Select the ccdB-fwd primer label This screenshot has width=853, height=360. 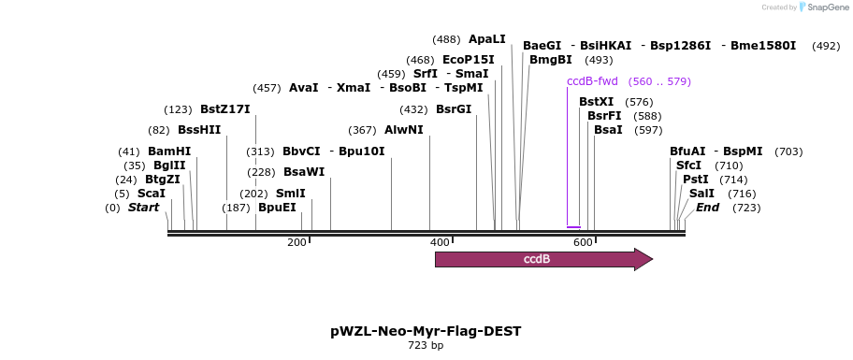[592, 81]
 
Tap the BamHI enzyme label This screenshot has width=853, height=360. [169, 151]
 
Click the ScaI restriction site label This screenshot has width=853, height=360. [152, 194]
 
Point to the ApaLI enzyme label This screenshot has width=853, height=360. [486, 39]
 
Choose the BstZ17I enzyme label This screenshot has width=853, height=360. [225, 109]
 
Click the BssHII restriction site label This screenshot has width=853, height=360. [199, 130]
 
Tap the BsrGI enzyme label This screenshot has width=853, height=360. [454, 109]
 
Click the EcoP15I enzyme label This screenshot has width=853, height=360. [469, 60]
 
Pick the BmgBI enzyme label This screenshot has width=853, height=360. [550, 60]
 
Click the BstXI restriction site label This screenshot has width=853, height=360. [596, 102]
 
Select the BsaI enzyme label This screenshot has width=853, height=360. [608, 130]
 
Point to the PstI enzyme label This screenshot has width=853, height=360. [695, 180]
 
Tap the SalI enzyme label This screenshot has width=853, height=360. [701, 194]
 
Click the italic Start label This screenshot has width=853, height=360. [143, 208]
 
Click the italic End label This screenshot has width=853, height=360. [707, 208]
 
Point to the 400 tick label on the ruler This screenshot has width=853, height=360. [440, 243]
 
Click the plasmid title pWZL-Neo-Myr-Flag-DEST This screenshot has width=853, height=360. [426, 331]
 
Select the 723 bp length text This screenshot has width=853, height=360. [426, 346]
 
